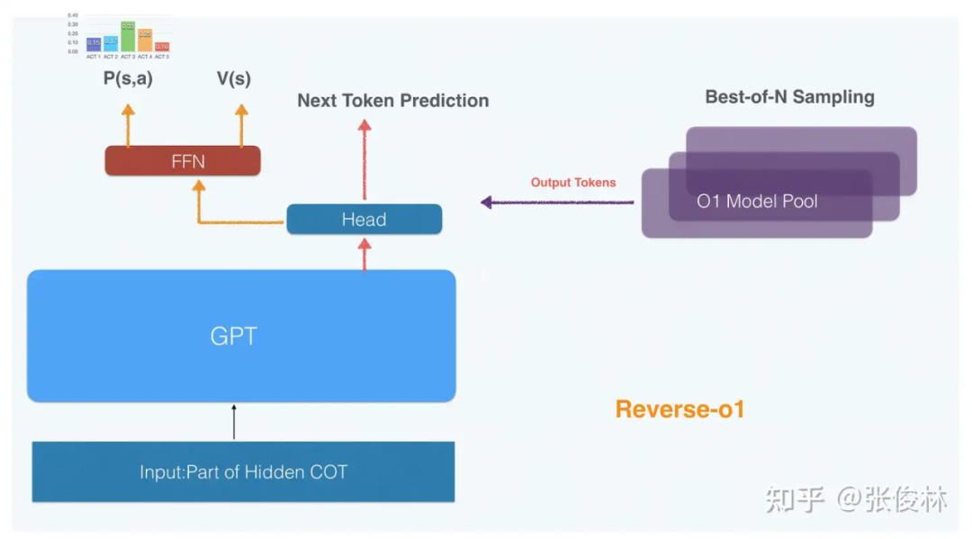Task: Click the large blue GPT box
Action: click(x=241, y=336)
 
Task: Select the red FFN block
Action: click(x=183, y=161)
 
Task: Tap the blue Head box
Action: click(x=364, y=220)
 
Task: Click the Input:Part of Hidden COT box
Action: click(x=243, y=472)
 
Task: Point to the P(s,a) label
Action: click(x=128, y=79)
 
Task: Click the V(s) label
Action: click(x=234, y=79)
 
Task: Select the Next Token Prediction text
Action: click(x=393, y=101)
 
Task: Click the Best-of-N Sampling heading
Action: click(x=789, y=97)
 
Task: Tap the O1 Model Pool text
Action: click(x=757, y=202)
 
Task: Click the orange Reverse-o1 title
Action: click(x=679, y=409)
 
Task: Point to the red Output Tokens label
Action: click(x=573, y=183)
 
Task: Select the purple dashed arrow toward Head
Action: click(x=558, y=202)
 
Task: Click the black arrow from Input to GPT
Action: click(x=234, y=421)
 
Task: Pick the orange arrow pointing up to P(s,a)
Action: click(x=128, y=124)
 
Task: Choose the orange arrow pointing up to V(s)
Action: click(x=241, y=124)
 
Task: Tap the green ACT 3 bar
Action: click(x=128, y=37)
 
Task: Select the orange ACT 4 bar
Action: click(x=145, y=40)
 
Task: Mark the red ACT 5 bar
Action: click(x=162, y=47)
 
